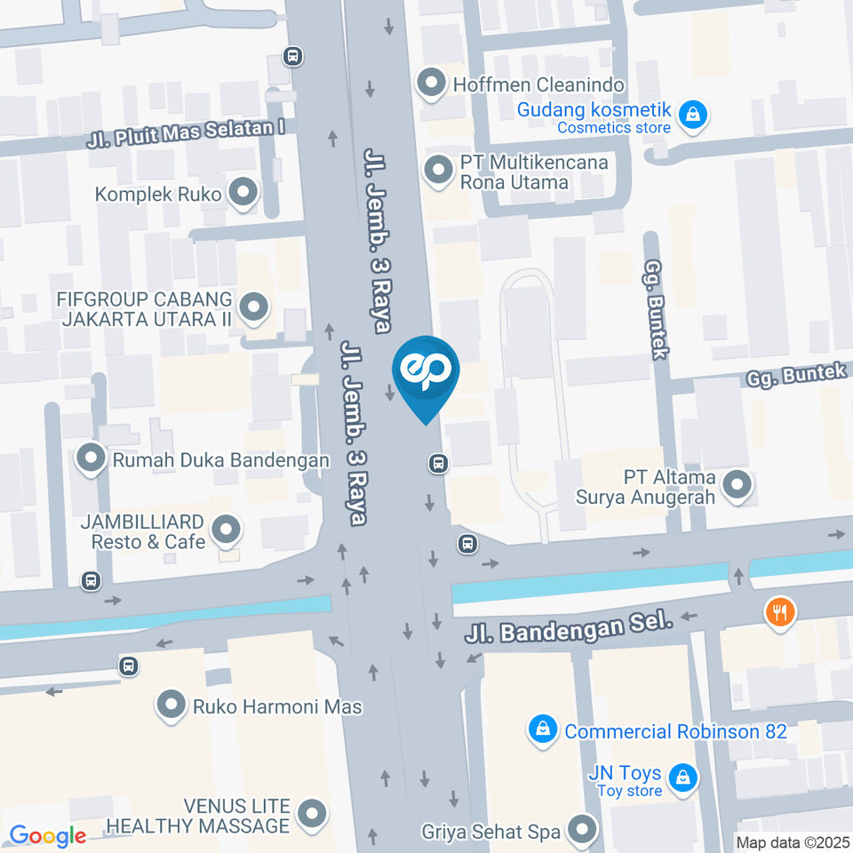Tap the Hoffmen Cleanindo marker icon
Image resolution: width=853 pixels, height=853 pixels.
tap(433, 84)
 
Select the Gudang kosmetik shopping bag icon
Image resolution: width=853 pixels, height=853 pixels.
tap(691, 114)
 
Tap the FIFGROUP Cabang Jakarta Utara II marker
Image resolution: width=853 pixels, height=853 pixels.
tap(254, 308)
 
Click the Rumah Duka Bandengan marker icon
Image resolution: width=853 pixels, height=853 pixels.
tap(90, 459)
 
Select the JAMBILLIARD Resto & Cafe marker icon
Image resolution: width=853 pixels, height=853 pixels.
tap(227, 531)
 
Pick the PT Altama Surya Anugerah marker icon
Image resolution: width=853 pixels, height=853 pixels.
tap(736, 486)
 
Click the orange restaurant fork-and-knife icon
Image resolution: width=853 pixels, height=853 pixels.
tap(780, 611)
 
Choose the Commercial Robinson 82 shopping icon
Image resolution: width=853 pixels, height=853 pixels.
tap(541, 731)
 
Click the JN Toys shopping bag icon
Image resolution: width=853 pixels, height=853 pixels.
tap(682, 778)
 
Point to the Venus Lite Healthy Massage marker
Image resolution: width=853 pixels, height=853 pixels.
tap(312, 814)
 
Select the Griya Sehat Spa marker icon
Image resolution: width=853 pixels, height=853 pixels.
tap(583, 831)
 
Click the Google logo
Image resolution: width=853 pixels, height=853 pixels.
tap(47, 836)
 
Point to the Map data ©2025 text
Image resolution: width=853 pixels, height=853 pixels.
tap(793, 842)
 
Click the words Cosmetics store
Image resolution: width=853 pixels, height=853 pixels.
tap(614, 128)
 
